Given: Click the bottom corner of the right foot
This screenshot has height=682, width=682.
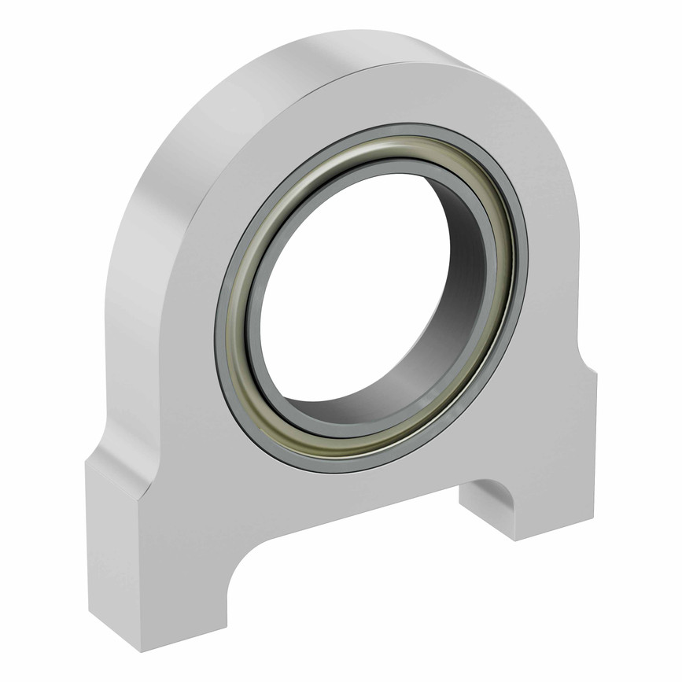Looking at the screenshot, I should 515,540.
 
